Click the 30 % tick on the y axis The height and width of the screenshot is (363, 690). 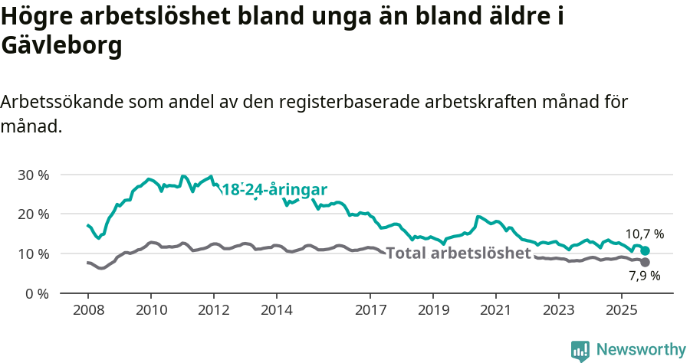pyautogui.click(x=32, y=175)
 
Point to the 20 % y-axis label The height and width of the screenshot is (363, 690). pyautogui.click(x=32, y=214)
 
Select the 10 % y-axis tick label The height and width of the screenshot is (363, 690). pyautogui.click(x=32, y=253)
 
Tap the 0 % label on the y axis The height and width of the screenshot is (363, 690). pyautogui.click(x=35, y=293)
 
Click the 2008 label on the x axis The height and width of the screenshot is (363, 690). pyautogui.click(x=88, y=310)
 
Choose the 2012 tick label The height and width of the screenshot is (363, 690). pyautogui.click(x=214, y=310)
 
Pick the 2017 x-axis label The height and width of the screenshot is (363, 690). pyautogui.click(x=370, y=310)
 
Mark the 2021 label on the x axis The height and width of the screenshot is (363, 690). pyautogui.click(x=495, y=310)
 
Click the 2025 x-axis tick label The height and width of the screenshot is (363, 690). pyautogui.click(x=621, y=310)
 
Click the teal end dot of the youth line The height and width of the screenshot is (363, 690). pyautogui.click(x=646, y=250)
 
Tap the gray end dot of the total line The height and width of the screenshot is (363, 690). pyautogui.click(x=646, y=262)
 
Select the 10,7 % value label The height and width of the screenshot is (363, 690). pyautogui.click(x=645, y=234)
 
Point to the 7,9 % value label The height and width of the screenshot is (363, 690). pyautogui.click(x=645, y=276)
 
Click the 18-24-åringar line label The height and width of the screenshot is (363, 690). pyautogui.click(x=274, y=190)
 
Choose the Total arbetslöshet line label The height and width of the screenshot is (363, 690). pyautogui.click(x=458, y=253)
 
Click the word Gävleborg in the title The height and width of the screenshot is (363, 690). pyautogui.click(x=62, y=46)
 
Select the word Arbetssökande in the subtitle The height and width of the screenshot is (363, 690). pyautogui.click(x=61, y=102)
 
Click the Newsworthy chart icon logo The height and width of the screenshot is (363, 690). pyautogui.click(x=580, y=351)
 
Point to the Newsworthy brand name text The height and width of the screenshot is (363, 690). pyautogui.click(x=641, y=350)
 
